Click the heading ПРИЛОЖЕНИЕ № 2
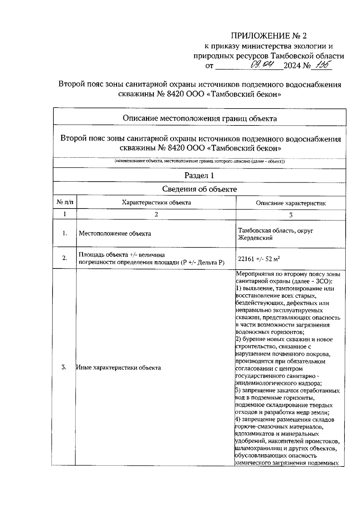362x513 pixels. click(x=268, y=36)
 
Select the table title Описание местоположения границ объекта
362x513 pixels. click(x=199, y=119)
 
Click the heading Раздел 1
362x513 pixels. click(x=199, y=176)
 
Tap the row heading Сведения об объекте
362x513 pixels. click(x=199, y=189)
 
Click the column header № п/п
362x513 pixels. click(x=65, y=203)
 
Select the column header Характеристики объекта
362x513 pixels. click(x=156, y=203)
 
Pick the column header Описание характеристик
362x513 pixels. click(x=291, y=203)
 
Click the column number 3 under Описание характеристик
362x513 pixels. click(x=291, y=215)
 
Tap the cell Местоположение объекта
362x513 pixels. click(x=115, y=234)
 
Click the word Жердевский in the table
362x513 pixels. click(x=255, y=238)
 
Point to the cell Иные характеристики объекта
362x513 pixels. click(x=118, y=368)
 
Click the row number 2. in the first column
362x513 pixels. click(x=65, y=258)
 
